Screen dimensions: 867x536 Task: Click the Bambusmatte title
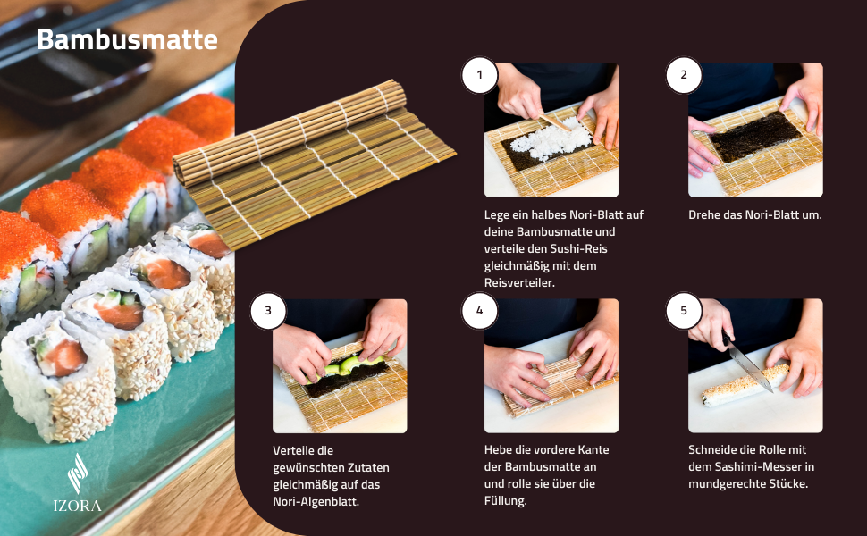tap(127, 40)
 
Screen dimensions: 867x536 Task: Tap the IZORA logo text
tap(77, 506)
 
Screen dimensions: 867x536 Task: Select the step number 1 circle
tap(479, 75)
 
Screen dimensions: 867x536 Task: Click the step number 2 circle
tap(684, 75)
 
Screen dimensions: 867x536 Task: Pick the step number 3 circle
tap(267, 311)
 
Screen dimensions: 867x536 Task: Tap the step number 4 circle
tap(479, 311)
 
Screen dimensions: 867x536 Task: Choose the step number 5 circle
tap(684, 311)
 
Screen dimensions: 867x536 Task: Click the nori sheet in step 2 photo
tap(755, 137)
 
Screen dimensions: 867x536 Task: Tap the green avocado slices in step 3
tap(348, 364)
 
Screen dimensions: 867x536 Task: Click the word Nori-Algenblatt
tap(316, 502)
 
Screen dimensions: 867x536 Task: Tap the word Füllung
tap(505, 501)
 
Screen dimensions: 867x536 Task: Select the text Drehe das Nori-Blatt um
tap(755, 215)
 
